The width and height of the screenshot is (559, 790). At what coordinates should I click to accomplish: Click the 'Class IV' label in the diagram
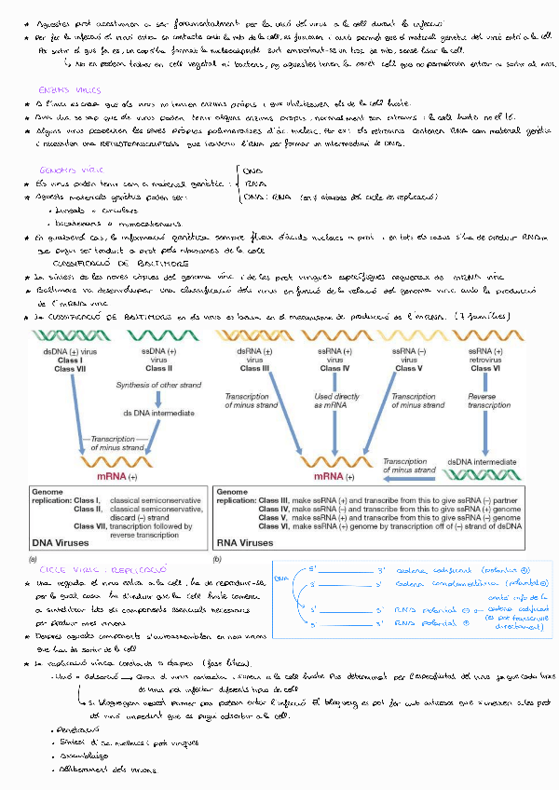[x=334, y=369]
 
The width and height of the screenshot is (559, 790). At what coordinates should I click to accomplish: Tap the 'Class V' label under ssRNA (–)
[x=406, y=369]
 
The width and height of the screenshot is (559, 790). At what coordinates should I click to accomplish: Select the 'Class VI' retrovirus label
[x=482, y=369]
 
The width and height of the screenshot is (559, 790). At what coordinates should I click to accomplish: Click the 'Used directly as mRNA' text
[x=334, y=402]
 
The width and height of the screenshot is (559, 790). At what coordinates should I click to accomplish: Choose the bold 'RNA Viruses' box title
[x=245, y=542]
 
